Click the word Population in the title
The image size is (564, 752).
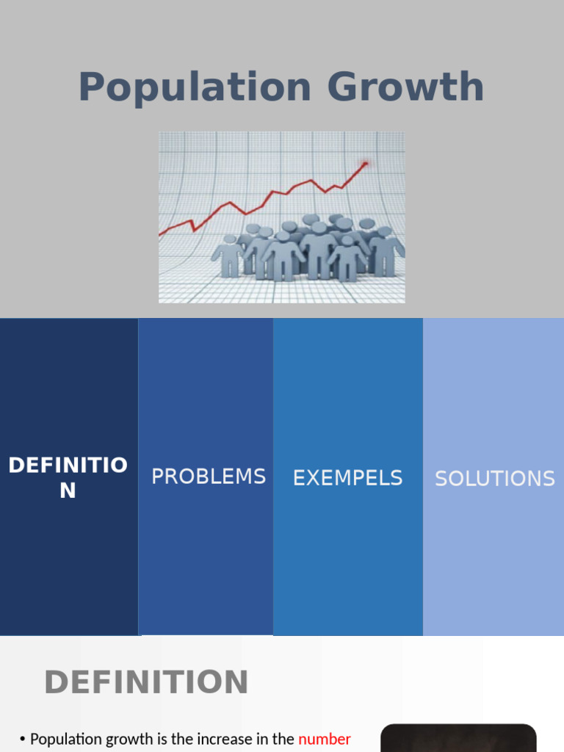(x=195, y=87)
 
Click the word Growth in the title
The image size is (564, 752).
(x=406, y=87)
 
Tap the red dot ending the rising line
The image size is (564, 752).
(x=365, y=163)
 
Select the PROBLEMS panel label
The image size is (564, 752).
(x=209, y=477)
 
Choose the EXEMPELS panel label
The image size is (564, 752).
(x=347, y=478)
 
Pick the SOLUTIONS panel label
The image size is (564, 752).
(x=495, y=479)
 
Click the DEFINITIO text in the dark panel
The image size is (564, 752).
(x=68, y=465)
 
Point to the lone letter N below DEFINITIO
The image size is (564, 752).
(x=68, y=491)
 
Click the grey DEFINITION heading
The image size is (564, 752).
(x=146, y=682)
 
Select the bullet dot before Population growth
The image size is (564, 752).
(x=23, y=740)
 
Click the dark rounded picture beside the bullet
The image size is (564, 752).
(x=458, y=738)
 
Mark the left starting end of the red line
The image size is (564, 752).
(x=161, y=235)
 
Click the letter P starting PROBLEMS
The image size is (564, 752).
(x=157, y=477)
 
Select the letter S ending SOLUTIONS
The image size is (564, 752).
(x=549, y=479)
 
